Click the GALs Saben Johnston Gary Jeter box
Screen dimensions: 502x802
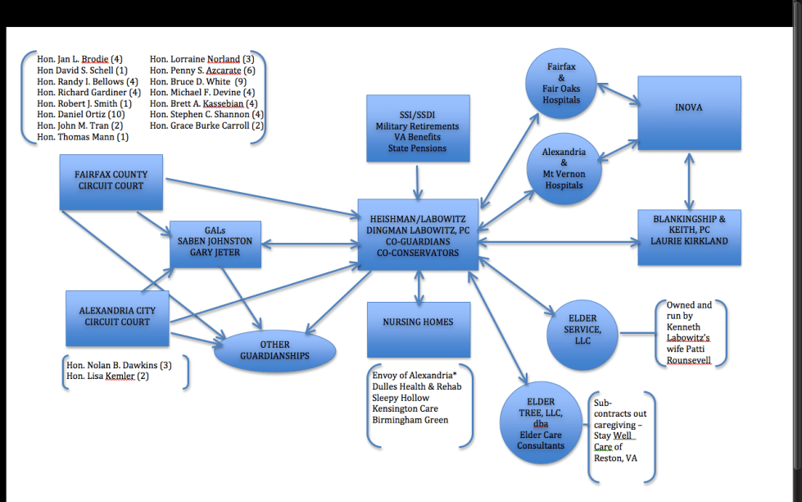[215, 244]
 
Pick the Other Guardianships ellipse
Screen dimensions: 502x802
[274, 351]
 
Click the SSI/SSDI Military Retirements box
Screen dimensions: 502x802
[418, 127]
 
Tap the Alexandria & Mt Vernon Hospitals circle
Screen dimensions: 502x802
[564, 168]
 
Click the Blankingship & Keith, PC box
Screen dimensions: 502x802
[689, 237]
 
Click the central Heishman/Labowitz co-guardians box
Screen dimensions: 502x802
[418, 235]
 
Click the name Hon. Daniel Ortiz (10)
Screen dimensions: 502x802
[79, 115]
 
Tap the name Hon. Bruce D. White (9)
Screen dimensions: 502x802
[197, 82]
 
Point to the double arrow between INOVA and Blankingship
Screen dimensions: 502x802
[689, 180]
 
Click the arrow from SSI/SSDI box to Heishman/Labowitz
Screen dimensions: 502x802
[418, 180]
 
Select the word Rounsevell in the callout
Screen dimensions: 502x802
[689, 360]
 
